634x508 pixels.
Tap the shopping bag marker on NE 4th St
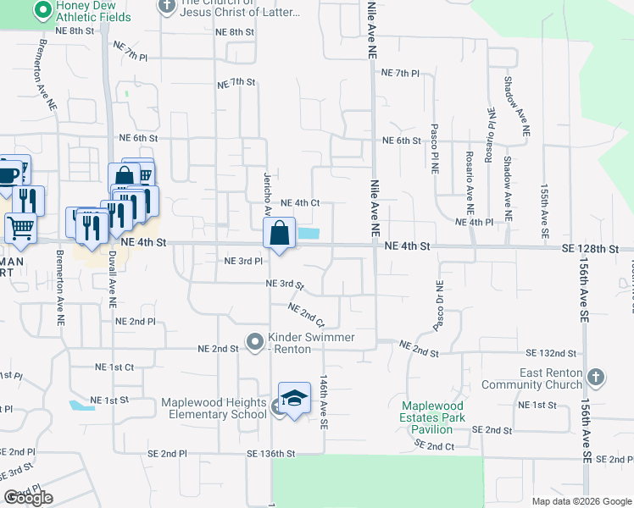coord(280,233)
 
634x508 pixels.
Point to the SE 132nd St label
coord(551,352)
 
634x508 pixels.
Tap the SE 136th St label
coord(271,454)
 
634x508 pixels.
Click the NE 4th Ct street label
coord(300,203)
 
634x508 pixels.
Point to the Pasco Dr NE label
coord(438,306)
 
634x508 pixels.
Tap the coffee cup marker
coord(8,174)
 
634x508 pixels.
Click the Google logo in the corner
coord(28,497)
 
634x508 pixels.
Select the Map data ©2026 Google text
coord(581,501)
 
